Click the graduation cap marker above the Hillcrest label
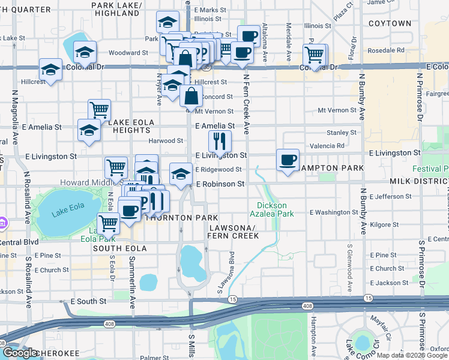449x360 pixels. click(51, 70)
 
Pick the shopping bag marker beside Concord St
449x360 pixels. click(191, 96)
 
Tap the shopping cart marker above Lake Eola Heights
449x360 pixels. click(99, 110)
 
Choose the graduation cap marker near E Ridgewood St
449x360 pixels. click(180, 174)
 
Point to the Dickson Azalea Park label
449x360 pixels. click(271, 209)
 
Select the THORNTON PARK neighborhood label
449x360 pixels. click(181, 217)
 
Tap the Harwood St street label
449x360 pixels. click(166, 141)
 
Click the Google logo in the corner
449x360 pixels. click(20, 353)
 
